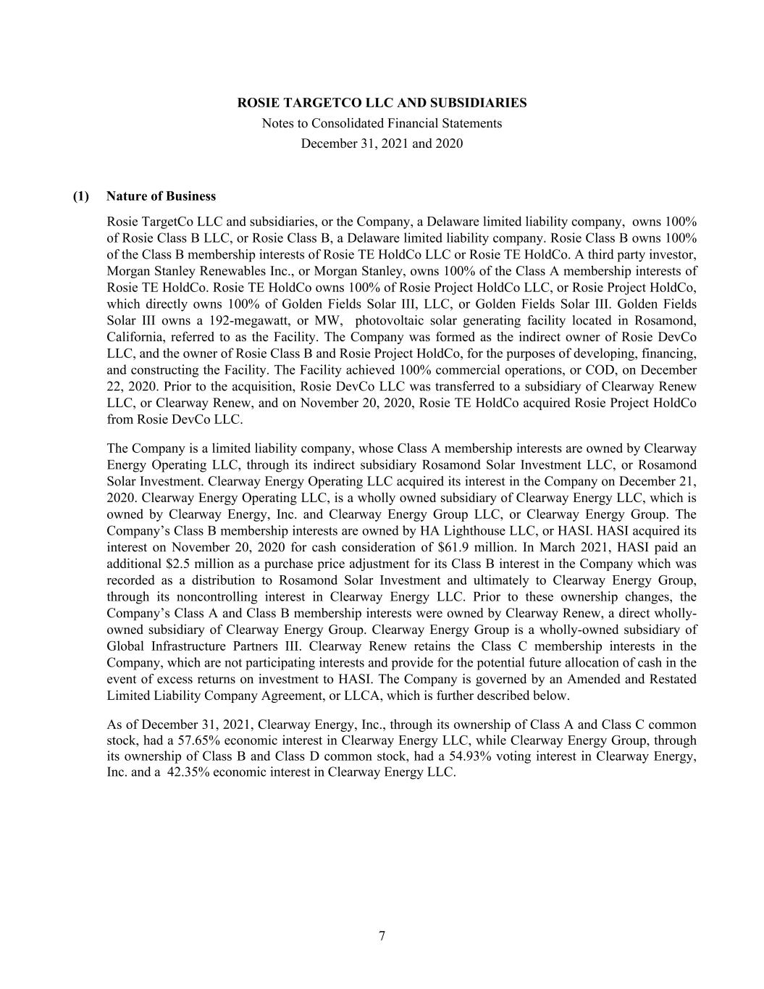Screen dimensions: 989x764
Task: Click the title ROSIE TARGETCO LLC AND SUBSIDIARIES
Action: pyautogui.click(x=382, y=103)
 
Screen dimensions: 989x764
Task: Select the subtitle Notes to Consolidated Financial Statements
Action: pyautogui.click(x=382, y=123)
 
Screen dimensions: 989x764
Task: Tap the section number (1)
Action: pyautogui.click(x=80, y=196)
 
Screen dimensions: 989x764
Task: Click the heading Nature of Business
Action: pyautogui.click(x=161, y=196)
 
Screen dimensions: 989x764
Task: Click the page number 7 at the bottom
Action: pyautogui.click(x=382, y=936)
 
